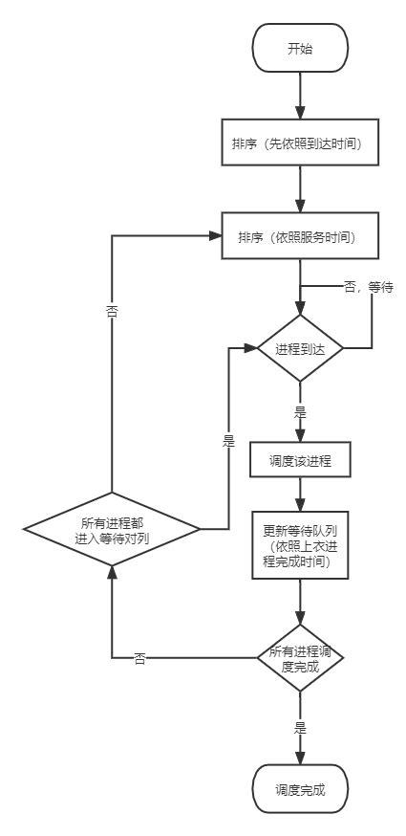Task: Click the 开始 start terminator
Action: tap(300, 49)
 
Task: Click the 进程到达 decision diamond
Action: tap(300, 349)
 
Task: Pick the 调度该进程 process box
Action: tap(300, 459)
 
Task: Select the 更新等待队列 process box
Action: tap(300, 546)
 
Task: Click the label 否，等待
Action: tap(368, 287)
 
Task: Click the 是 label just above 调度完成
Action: tap(300, 728)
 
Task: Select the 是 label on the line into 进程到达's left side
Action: tap(227, 444)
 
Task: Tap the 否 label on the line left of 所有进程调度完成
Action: tap(139, 659)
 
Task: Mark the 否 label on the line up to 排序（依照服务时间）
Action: tap(111, 311)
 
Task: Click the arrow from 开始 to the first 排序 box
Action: tap(300, 96)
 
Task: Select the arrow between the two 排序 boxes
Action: tap(300, 190)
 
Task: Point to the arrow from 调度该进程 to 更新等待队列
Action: tap(300, 494)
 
